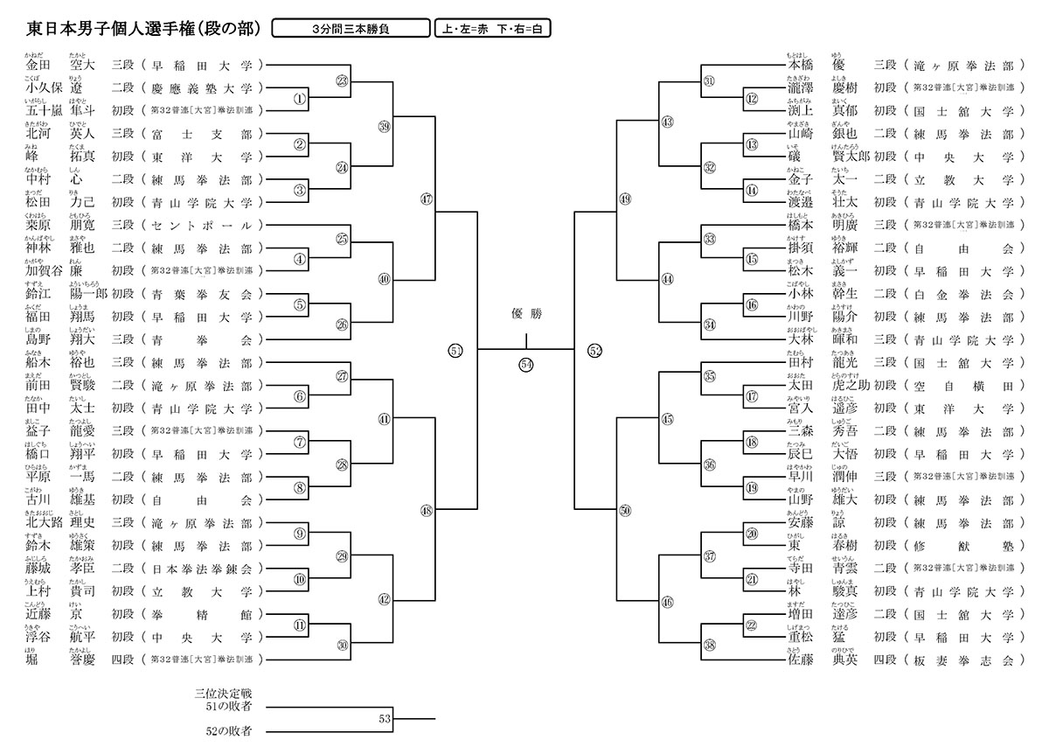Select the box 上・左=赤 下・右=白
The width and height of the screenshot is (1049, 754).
coord(493,29)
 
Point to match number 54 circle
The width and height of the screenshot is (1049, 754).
coord(526,364)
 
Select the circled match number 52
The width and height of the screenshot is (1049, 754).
coord(595,351)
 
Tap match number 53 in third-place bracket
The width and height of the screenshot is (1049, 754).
coord(385,718)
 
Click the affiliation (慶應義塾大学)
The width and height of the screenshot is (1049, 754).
coord(202,88)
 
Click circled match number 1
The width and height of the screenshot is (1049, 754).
coord(300,99)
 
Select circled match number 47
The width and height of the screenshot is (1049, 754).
coord(427,199)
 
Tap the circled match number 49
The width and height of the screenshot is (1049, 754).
coord(624,199)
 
